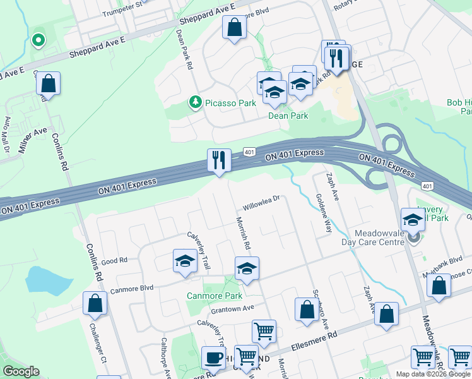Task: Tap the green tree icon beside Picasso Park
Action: [196, 102]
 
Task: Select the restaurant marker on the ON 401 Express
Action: [219, 160]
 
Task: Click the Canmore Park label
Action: [215, 296]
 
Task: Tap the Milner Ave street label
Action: [32, 140]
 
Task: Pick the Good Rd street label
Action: [114, 260]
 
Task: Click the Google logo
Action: [21, 371]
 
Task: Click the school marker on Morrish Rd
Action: [247, 268]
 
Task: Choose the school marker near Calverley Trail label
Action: [185, 261]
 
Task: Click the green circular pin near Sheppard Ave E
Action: [38, 40]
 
